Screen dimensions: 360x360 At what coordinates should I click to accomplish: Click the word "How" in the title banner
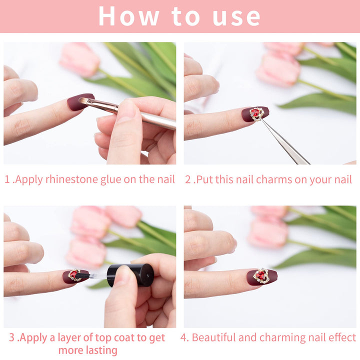(129, 16)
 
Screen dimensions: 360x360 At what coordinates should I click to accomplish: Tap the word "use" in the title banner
(236, 17)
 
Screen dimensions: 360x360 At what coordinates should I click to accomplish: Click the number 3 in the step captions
(11, 337)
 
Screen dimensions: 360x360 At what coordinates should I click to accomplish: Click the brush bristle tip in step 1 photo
(80, 100)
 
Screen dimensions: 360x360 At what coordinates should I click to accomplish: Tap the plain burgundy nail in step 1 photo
(79, 102)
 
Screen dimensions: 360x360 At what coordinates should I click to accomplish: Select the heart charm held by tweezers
(257, 114)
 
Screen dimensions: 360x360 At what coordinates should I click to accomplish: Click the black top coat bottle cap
(129, 275)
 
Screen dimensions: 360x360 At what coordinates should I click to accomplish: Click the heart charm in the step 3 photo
(74, 275)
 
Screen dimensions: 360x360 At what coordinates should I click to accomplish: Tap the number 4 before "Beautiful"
(184, 337)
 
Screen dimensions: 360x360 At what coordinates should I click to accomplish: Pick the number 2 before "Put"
(188, 179)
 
